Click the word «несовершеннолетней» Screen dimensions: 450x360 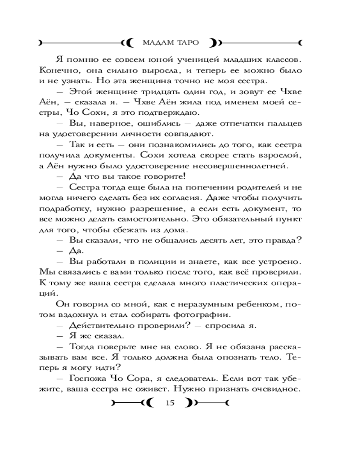(243, 166)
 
